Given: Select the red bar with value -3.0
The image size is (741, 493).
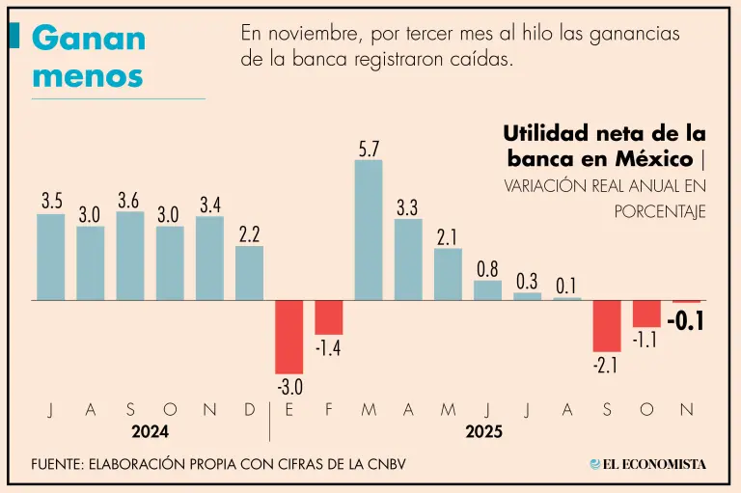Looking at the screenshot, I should click(x=289, y=337).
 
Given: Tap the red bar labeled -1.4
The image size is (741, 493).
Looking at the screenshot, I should click(x=329, y=317).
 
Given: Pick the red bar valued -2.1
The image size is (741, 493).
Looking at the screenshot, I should click(x=607, y=326).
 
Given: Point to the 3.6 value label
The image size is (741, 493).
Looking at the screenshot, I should click(x=128, y=200).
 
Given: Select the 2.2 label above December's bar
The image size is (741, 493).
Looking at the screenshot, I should click(x=249, y=233).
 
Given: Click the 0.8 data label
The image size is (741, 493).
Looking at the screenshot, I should click(x=487, y=269).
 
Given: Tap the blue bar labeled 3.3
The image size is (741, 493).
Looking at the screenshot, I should click(x=408, y=259).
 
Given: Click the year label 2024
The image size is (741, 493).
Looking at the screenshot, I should click(x=150, y=432).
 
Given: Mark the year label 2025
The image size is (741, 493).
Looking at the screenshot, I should click(x=483, y=432).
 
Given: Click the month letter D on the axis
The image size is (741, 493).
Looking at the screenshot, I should click(x=250, y=410).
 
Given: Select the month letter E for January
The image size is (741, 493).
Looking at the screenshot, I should click(x=289, y=410).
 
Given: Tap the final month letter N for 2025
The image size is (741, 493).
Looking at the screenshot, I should click(x=686, y=410).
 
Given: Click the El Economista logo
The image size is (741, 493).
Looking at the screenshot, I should click(x=647, y=464).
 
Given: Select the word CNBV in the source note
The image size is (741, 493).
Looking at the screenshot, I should click(x=381, y=464).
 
